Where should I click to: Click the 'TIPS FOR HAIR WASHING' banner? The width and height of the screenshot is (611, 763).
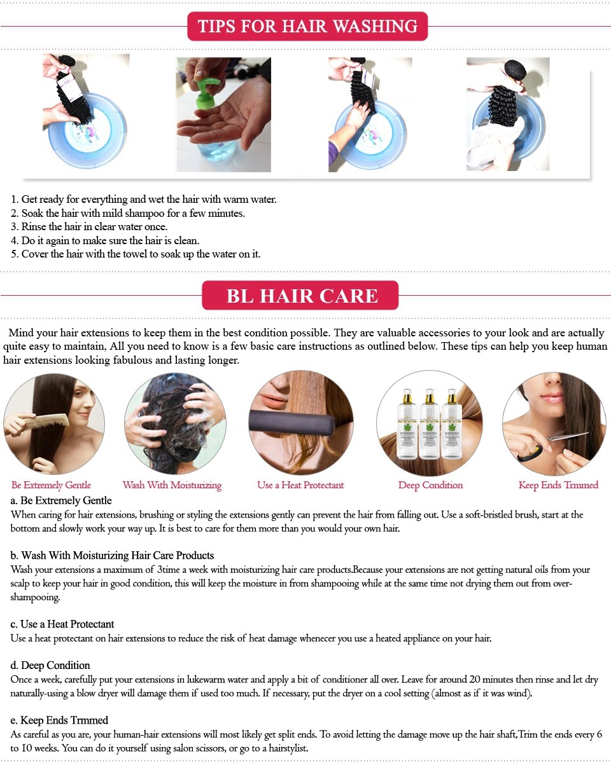click(307, 26)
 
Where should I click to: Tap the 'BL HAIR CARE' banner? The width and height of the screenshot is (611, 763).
click(300, 295)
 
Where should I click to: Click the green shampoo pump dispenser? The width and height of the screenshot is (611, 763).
click(207, 93)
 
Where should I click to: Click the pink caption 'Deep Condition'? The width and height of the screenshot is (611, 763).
click(430, 485)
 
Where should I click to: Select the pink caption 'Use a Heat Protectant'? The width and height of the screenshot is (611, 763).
click(300, 485)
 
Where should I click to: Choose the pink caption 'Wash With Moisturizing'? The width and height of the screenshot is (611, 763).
click(172, 485)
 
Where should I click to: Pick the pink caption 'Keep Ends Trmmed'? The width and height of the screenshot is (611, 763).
click(558, 485)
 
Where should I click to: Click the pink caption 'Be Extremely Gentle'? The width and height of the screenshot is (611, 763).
click(51, 485)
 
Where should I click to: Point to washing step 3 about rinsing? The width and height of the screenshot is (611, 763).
click(89, 226)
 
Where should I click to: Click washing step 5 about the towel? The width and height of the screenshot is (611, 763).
click(136, 254)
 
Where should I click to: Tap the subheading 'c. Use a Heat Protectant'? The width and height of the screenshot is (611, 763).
click(62, 624)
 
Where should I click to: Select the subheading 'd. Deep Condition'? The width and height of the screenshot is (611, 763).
click(50, 665)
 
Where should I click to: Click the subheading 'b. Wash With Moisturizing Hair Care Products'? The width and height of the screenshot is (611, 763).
click(112, 555)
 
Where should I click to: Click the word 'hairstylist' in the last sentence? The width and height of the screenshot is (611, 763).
click(288, 748)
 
